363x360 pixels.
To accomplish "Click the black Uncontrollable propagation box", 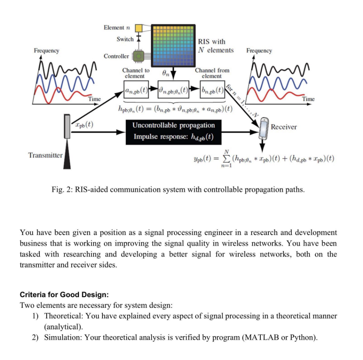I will click(174, 131).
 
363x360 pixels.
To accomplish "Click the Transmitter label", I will click(45, 155).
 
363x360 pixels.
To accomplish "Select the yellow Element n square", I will click(138, 28).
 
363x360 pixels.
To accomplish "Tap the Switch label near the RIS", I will click(125, 39).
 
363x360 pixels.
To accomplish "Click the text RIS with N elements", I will click(216, 46).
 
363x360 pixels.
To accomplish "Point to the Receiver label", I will click(284, 127).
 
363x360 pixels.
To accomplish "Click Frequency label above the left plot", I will click(47, 51).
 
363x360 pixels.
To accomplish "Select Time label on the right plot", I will click(308, 99).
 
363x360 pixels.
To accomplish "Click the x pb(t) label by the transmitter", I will click(84, 124).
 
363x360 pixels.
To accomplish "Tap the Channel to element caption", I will click(135, 73).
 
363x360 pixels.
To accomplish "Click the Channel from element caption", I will click(212, 73).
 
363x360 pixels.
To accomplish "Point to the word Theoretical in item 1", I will click(63, 316).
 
